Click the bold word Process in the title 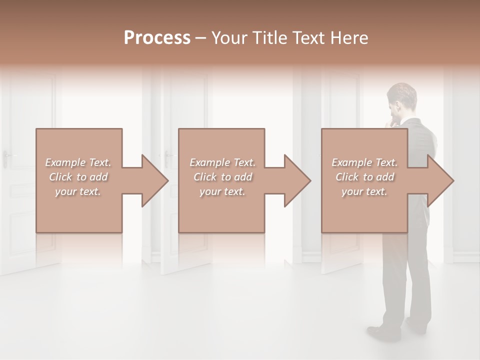(157, 38)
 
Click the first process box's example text (78, 177)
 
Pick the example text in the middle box (222, 177)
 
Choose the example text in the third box (364, 177)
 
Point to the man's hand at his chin (395, 121)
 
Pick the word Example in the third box (351, 162)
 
